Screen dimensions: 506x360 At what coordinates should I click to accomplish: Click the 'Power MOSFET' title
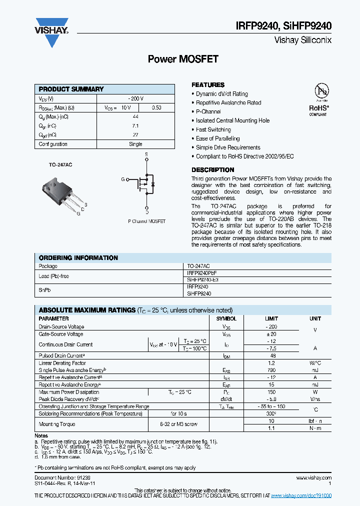(x=183, y=59)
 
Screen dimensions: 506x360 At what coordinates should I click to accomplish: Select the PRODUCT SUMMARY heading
(x=71, y=89)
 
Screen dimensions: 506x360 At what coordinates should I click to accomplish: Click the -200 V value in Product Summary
(x=135, y=98)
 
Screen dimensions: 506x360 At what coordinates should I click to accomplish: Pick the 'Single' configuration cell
(x=135, y=144)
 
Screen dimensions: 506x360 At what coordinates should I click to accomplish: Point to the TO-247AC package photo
(x=63, y=192)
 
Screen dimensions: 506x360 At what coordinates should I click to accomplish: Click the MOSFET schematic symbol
(x=144, y=183)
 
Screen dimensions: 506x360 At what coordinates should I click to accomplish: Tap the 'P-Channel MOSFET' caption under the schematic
(x=146, y=221)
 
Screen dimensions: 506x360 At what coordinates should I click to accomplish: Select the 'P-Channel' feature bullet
(x=208, y=111)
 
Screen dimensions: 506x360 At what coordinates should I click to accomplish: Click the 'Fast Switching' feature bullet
(x=213, y=129)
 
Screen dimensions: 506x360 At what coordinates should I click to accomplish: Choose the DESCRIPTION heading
(x=212, y=170)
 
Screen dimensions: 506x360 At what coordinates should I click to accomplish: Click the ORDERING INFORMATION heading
(x=78, y=258)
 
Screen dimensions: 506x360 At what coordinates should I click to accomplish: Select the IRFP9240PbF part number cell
(x=202, y=273)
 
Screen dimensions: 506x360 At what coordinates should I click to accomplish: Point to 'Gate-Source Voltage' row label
(x=61, y=334)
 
